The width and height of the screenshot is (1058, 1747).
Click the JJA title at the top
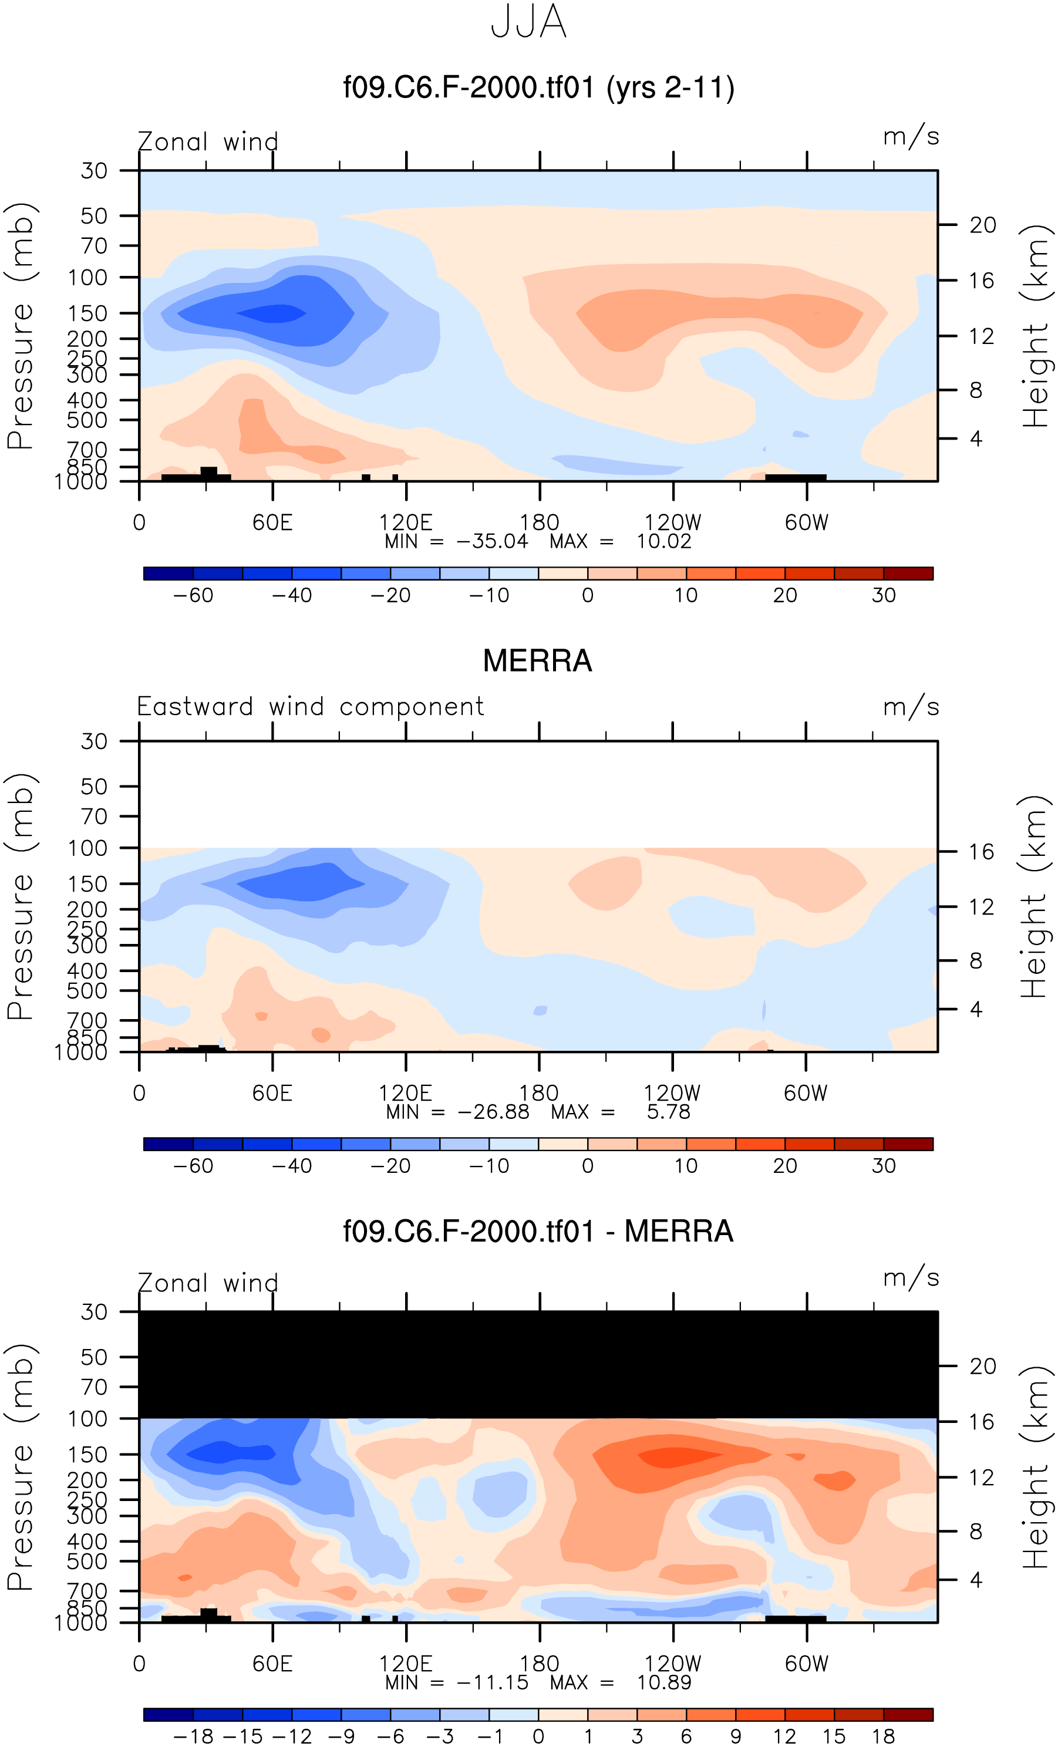[528, 22]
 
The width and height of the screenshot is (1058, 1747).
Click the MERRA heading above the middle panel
[537, 661]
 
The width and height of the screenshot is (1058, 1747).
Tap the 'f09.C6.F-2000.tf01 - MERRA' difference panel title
[537, 1231]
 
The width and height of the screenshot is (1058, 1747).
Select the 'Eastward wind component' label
[310, 707]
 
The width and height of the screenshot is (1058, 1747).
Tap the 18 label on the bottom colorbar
[884, 1736]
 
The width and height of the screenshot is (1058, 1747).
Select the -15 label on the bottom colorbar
[242, 1736]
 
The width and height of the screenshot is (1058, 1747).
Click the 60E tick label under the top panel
[272, 522]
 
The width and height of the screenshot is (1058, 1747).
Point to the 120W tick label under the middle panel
[672, 1092]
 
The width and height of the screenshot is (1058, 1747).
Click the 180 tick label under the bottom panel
[539, 1663]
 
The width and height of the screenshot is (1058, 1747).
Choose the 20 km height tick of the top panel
[982, 225]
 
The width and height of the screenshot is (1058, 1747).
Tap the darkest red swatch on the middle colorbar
[908, 1144]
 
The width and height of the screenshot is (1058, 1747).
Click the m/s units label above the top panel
[911, 137]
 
